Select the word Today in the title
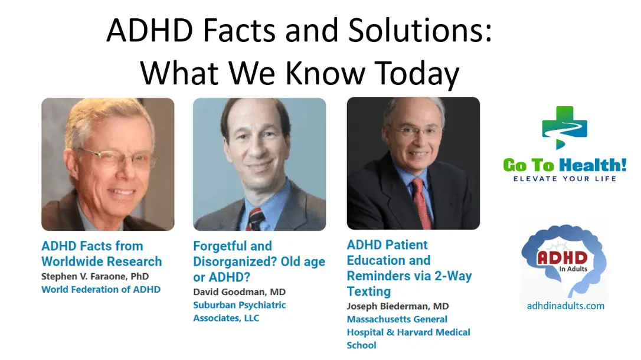[417, 74]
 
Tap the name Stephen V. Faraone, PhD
[95, 276]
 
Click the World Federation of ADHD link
[101, 289]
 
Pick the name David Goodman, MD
[240, 292]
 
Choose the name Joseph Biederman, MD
[398, 306]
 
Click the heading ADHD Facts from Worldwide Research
[102, 254]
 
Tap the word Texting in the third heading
[369, 292]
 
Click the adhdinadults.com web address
[566, 306]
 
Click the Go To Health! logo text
[564, 165]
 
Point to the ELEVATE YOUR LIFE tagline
[564, 179]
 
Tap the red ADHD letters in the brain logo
[562, 258]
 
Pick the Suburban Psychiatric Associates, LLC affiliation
[240, 312]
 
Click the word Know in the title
[325, 74]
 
